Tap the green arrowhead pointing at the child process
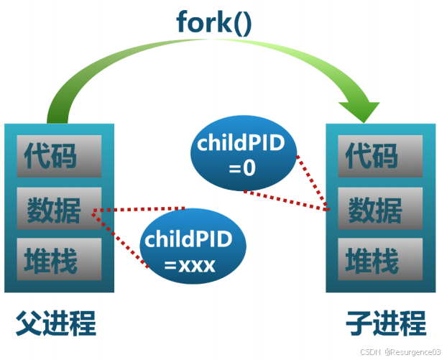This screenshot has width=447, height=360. click(x=359, y=109)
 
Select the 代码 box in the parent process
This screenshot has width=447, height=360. click(x=60, y=154)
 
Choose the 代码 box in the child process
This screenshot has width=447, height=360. click(x=380, y=154)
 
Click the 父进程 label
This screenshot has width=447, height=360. click(x=55, y=323)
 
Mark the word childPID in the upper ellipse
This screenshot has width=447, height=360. click(x=243, y=144)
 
